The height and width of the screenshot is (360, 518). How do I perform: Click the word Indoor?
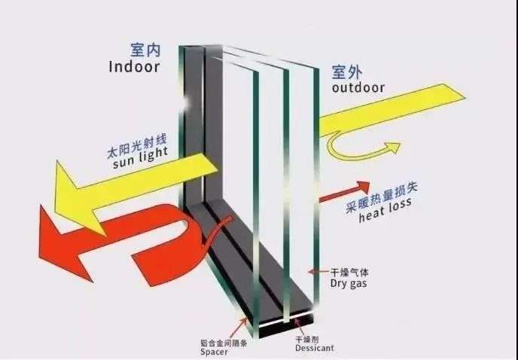(135, 67)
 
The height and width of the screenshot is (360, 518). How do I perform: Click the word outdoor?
(358, 87)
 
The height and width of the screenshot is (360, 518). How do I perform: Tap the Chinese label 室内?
(145, 50)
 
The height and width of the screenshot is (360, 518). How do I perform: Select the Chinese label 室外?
(347, 72)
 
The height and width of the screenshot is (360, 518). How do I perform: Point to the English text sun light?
(141, 157)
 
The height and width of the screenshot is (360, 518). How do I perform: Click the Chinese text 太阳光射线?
(137, 146)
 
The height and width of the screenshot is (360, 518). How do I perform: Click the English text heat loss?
(385, 210)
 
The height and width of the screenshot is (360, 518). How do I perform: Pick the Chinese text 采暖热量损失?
(382, 197)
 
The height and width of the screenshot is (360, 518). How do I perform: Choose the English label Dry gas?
(349, 284)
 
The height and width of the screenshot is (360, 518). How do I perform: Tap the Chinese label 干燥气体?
(349, 273)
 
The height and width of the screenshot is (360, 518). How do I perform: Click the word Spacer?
(214, 352)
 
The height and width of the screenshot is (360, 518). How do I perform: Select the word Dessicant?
(315, 348)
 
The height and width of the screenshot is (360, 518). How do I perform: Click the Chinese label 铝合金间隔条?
(224, 343)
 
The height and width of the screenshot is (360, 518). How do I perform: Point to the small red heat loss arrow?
(344, 191)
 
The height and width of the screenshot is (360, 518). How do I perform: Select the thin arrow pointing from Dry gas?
(318, 272)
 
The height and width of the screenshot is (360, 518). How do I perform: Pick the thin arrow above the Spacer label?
(239, 328)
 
